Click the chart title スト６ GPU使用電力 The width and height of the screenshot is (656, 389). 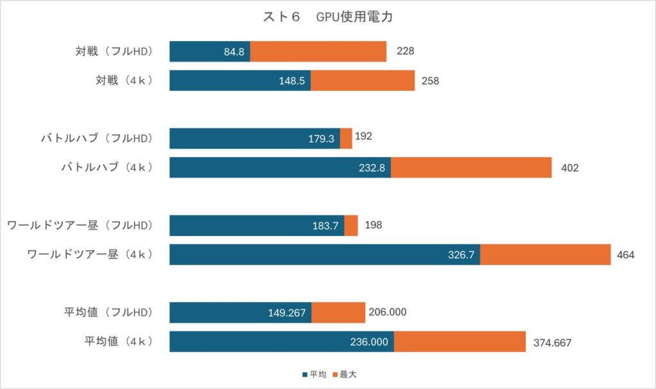327,17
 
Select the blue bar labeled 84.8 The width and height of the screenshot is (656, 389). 209,52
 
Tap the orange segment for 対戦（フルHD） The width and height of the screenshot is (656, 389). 318,52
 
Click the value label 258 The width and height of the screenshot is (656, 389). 430,81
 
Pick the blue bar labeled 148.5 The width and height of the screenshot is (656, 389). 240,81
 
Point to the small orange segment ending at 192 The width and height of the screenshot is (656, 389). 346,138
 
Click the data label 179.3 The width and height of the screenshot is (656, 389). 321,138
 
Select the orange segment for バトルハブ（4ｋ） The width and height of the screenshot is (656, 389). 471,168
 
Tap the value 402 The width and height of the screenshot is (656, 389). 570,168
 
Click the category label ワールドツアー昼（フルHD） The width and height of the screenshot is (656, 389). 80,225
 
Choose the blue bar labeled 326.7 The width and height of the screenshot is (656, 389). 324,255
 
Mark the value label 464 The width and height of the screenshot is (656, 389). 625,255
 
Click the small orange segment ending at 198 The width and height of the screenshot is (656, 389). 351,225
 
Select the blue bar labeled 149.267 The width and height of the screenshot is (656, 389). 240,312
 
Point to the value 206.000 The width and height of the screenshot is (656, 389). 388,312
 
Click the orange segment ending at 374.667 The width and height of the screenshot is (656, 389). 459,342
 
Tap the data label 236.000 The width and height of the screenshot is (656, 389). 368,342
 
